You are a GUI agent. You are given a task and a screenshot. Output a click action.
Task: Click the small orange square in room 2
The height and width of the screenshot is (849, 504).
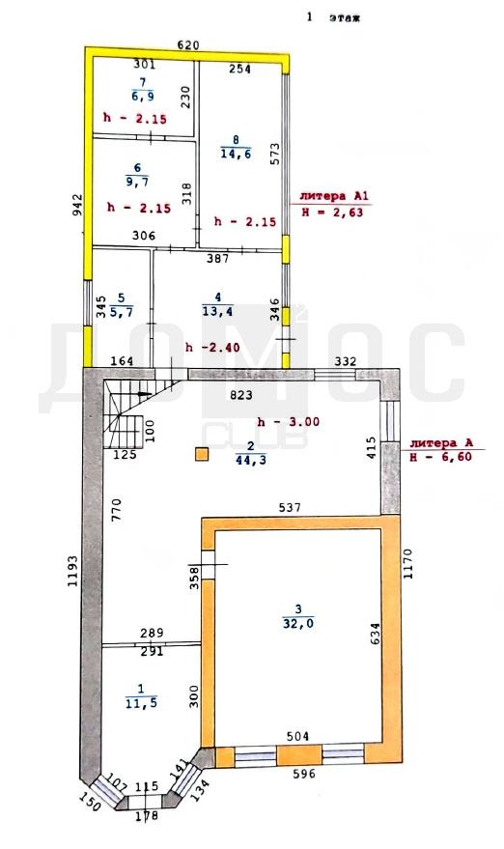tap(202, 454)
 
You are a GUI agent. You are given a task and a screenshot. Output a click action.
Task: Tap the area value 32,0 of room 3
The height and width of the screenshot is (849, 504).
tap(298, 623)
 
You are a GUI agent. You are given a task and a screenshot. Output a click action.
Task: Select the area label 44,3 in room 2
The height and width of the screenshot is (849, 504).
tap(251, 460)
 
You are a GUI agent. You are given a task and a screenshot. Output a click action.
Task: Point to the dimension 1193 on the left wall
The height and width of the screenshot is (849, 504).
tap(74, 571)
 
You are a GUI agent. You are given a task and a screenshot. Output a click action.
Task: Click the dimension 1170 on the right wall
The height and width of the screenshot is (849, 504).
tap(407, 564)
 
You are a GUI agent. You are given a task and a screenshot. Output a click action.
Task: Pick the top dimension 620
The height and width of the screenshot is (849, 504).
tap(189, 45)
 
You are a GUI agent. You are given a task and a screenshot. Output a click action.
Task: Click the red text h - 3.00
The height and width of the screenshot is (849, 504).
tap(289, 422)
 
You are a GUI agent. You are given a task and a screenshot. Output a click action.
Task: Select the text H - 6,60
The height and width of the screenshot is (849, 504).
tap(440, 457)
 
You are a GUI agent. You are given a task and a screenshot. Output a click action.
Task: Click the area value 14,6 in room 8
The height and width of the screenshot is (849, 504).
tap(236, 154)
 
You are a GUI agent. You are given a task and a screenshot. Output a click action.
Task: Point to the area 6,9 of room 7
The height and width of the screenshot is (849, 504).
tap(142, 97)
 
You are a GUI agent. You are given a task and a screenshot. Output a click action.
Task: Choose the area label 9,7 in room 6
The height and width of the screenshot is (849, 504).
tap(138, 182)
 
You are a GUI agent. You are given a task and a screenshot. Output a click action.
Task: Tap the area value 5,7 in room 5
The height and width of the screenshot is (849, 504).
tap(122, 311)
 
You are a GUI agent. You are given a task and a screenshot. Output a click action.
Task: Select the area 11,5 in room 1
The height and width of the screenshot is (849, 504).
tap(141, 703)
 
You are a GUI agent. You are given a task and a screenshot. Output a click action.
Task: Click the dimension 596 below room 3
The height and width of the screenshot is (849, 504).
tap(304, 774)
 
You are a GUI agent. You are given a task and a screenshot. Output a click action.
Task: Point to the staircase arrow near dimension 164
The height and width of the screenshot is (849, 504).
tap(144, 395)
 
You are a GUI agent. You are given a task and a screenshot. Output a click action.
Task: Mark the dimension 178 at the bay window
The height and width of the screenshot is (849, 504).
tap(147, 815)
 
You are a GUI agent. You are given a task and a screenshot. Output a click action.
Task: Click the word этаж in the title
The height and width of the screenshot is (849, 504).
tap(345, 18)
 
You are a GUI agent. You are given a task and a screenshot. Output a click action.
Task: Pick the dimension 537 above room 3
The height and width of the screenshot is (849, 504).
tap(290, 508)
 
